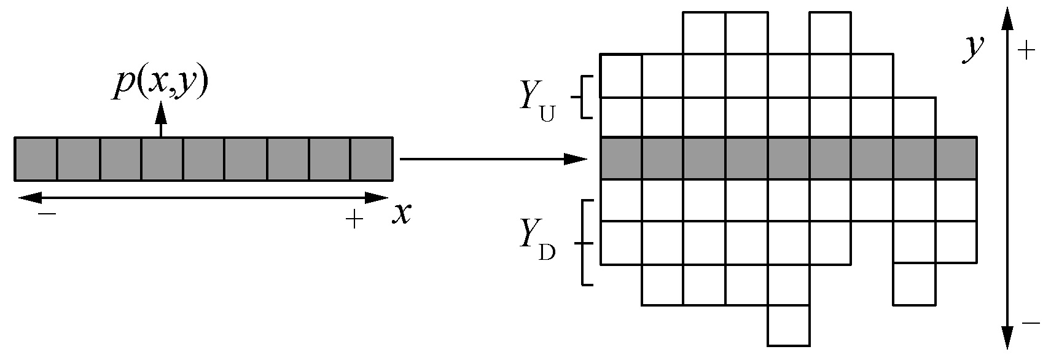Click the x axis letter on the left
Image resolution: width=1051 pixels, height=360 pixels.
(402, 213)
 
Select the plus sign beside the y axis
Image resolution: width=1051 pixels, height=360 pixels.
(1027, 51)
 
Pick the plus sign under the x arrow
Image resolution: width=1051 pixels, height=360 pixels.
(354, 219)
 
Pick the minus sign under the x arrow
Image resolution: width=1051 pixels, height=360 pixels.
(47, 214)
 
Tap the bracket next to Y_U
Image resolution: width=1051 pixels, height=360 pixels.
(585, 96)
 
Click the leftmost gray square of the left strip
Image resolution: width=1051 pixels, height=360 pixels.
(36, 159)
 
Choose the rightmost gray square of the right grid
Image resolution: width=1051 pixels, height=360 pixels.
(956, 159)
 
